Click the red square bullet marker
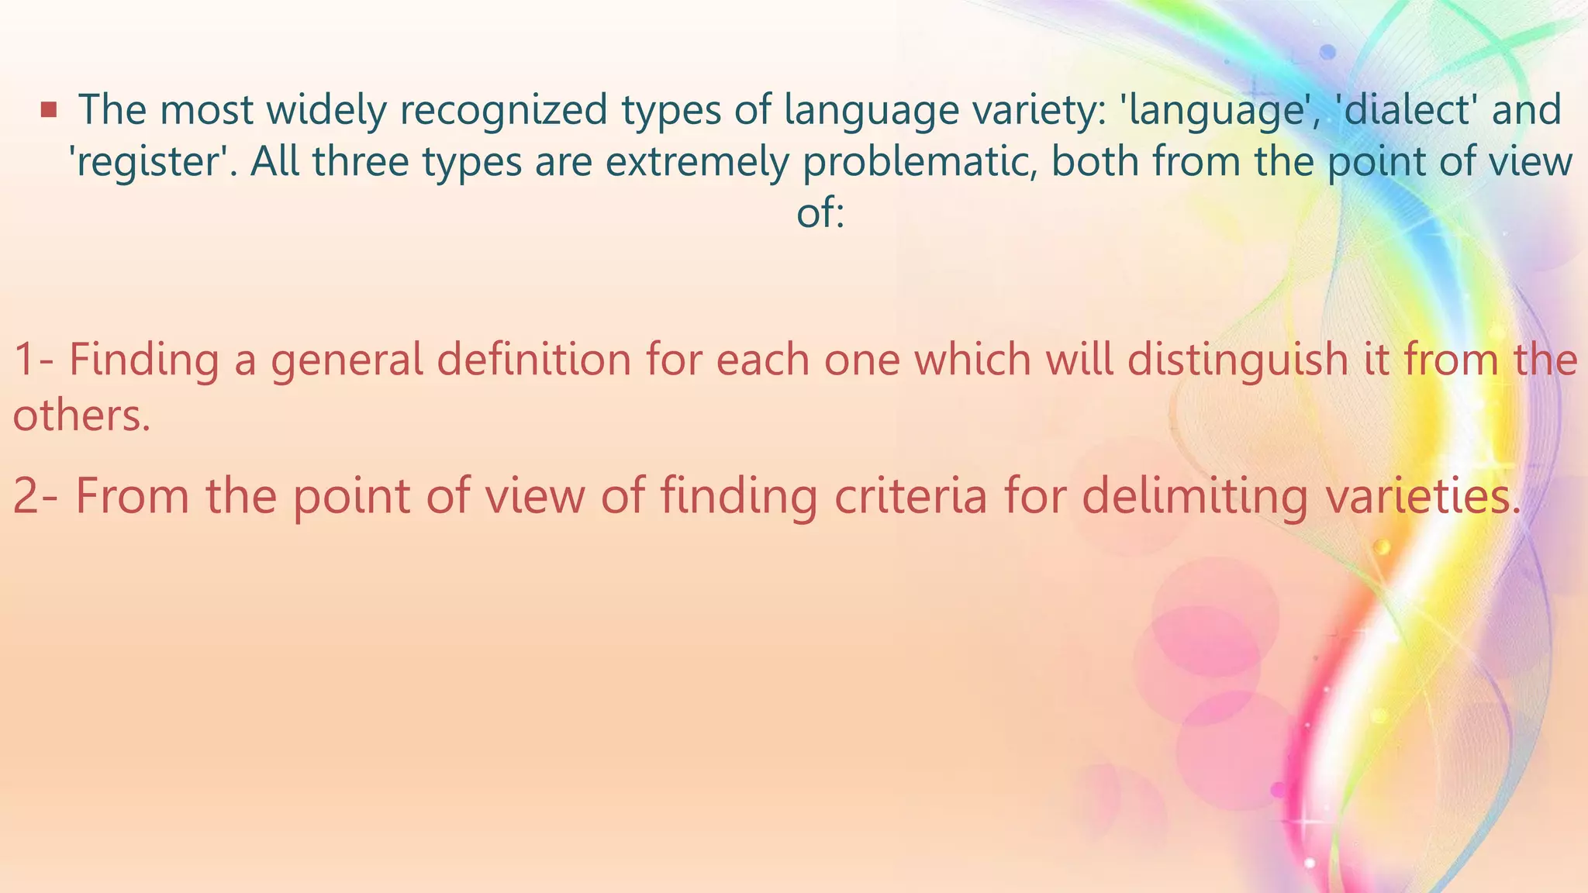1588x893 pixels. click(49, 110)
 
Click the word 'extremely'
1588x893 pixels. click(699, 163)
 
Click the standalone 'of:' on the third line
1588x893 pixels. click(820, 212)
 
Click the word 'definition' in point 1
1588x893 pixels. click(533, 360)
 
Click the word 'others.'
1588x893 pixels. click(81, 416)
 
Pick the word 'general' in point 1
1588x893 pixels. click(347, 360)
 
